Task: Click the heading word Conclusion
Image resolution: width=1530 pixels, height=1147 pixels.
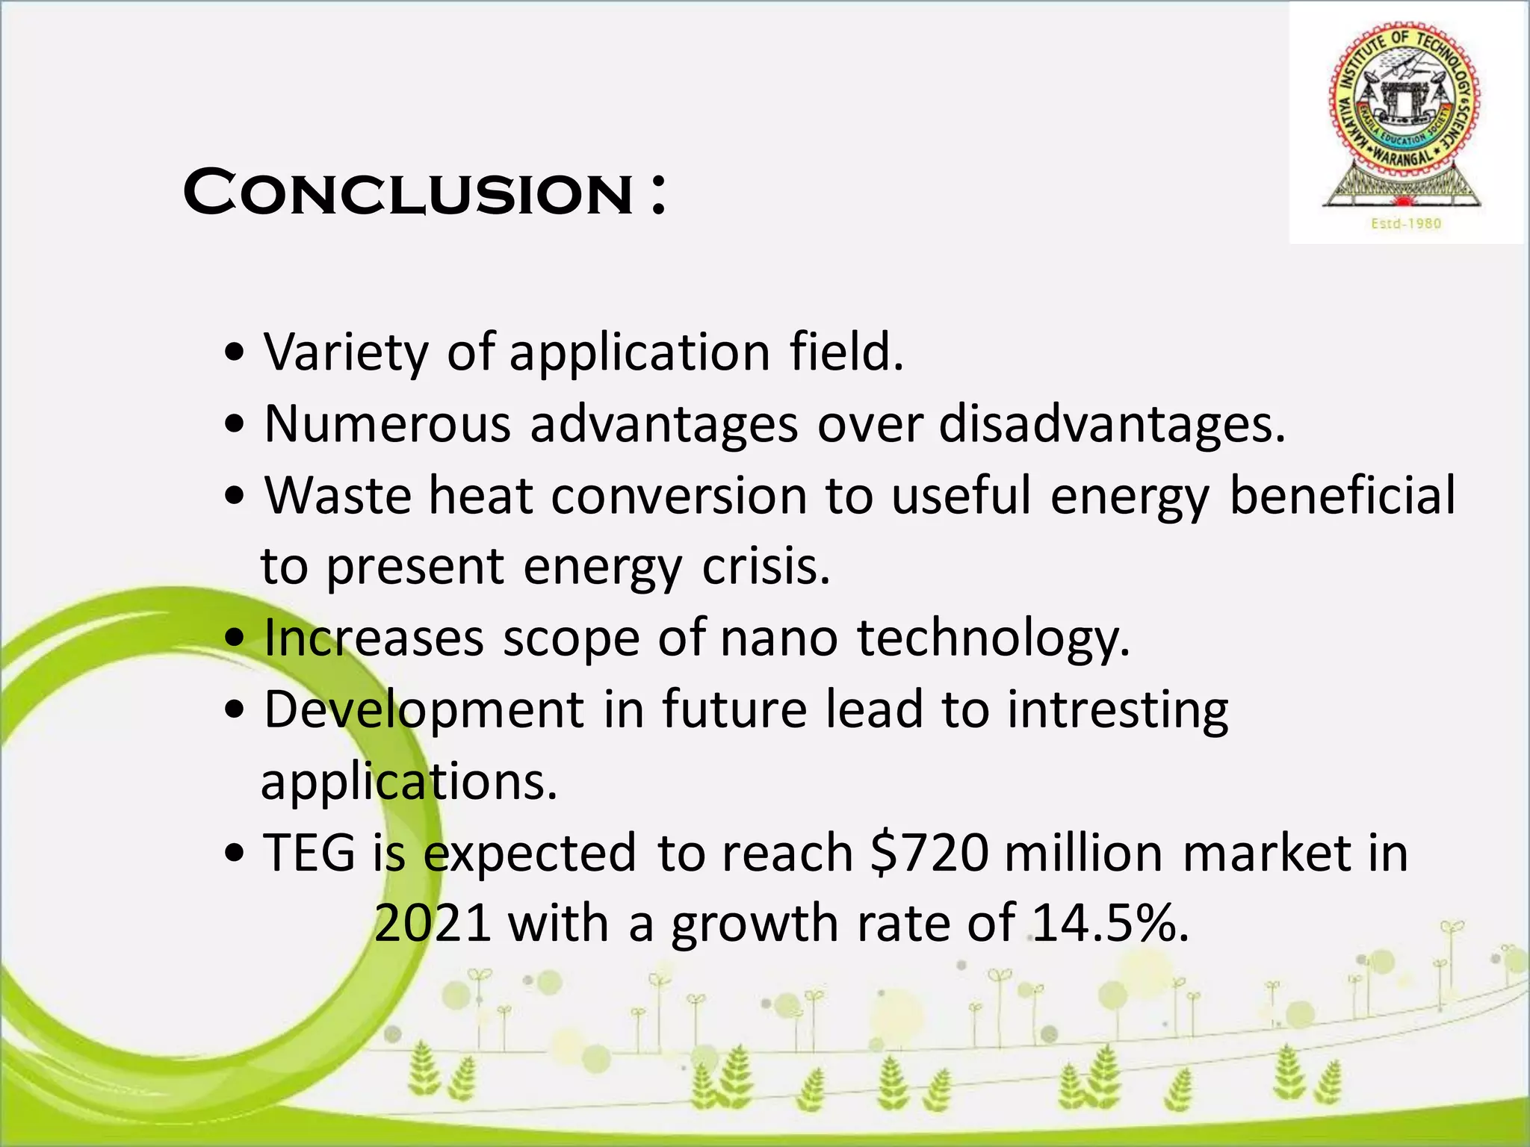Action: click(x=409, y=193)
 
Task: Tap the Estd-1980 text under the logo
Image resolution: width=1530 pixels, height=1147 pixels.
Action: click(x=1406, y=223)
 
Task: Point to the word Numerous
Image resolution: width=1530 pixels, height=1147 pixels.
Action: click(x=388, y=424)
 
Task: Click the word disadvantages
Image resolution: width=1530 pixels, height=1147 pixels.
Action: click(x=1111, y=424)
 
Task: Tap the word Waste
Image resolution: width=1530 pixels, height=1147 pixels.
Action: click(x=338, y=495)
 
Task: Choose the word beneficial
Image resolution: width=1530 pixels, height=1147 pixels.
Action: click(x=1342, y=495)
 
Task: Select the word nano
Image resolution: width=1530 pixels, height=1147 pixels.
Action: click(x=778, y=638)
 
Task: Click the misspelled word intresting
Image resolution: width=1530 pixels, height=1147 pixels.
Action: click(x=1118, y=710)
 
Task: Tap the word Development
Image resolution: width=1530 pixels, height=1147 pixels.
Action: click(x=424, y=710)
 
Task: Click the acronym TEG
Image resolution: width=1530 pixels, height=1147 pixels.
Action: click(x=309, y=853)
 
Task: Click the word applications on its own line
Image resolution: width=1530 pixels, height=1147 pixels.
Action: click(x=409, y=783)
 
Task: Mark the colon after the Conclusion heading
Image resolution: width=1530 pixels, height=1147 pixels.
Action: click(x=657, y=196)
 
